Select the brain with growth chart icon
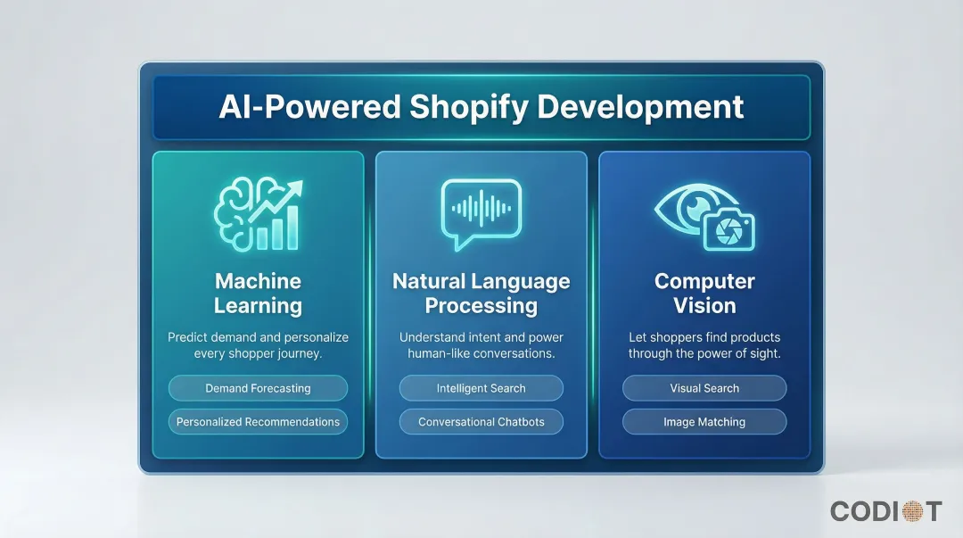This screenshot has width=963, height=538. [258, 215]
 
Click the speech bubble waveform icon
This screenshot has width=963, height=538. [481, 213]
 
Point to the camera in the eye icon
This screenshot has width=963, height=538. [728, 231]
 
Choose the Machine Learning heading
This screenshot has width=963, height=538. [258, 294]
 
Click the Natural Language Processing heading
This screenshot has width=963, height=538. [481, 294]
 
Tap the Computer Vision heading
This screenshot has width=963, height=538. [704, 294]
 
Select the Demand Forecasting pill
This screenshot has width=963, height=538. [258, 388]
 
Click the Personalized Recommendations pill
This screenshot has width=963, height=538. [258, 422]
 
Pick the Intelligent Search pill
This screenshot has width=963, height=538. [481, 388]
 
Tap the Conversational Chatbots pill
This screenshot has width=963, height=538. [481, 422]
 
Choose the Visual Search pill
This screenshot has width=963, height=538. [704, 388]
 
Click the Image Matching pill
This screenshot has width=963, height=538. [704, 422]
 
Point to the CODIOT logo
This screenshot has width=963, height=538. [885, 511]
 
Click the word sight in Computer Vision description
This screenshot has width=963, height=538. [764, 353]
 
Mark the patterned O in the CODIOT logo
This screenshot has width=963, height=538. [911, 511]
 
